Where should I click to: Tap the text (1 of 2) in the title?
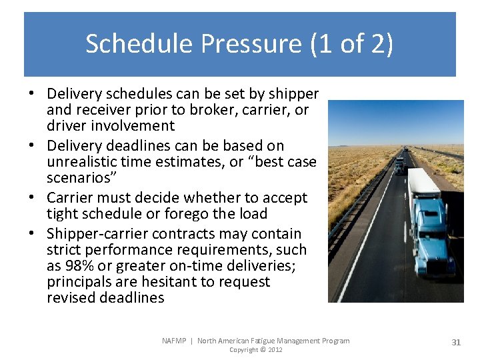(352, 44)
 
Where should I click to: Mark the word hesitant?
(175, 282)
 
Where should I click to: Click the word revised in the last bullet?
(71, 298)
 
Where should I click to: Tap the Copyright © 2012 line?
(256, 350)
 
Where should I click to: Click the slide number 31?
(456, 342)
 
